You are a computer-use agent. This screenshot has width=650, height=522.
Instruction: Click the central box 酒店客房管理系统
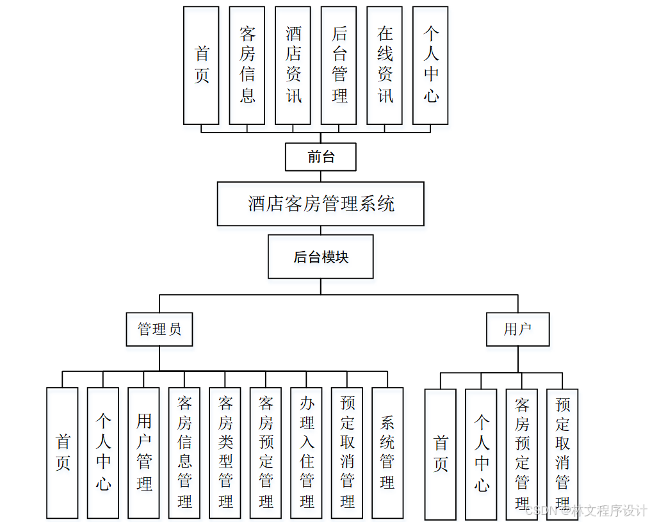320,204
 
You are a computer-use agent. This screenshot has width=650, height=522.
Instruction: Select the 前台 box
320,157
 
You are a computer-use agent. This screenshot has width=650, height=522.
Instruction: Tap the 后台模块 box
320,257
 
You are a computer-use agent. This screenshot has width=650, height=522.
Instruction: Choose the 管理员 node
159,329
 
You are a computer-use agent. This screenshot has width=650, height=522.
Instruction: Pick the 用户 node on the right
517,329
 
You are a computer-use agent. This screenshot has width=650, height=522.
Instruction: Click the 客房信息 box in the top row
247,65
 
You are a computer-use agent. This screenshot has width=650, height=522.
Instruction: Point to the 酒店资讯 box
293,65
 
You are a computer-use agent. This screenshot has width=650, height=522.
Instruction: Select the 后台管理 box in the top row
339,65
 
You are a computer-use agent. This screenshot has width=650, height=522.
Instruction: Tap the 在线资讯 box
385,65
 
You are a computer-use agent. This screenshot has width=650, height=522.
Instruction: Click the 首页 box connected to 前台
201,65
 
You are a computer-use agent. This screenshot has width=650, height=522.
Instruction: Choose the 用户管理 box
144,452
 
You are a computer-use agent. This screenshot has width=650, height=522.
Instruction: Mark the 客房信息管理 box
184,452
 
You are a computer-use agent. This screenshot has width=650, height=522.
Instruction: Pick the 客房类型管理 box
225,452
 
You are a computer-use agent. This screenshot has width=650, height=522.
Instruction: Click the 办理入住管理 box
307,452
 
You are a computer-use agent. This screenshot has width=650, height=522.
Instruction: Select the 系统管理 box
387,452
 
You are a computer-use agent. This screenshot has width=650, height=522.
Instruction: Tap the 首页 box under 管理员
63,452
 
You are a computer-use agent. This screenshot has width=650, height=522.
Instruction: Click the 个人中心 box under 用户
481,453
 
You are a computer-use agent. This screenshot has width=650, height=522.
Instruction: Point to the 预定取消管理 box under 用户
562,453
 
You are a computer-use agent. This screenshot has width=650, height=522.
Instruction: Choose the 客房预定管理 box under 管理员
266,452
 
